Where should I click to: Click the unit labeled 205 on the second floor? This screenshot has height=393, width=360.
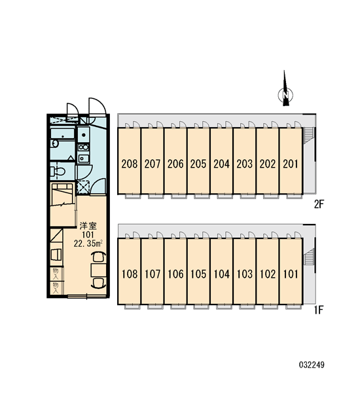198,161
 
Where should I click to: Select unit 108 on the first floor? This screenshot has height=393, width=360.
129,271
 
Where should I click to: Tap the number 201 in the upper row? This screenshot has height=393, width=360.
291,164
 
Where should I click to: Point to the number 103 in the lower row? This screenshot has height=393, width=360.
245,274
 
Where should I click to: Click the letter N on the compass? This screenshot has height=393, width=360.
285,95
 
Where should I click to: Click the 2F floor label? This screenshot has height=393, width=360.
319,205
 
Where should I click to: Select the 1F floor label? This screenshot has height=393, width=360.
319,310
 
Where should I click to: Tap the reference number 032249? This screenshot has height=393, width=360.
312,365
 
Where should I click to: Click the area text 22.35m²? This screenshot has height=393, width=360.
88,243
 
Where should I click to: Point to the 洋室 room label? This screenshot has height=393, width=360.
88,226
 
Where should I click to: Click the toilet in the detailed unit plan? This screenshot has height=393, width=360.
58,171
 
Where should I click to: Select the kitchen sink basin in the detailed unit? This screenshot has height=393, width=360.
84,135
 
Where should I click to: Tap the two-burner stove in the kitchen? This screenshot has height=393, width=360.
84,147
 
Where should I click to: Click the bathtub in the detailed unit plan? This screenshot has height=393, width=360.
62,134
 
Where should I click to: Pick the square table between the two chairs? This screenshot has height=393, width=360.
98,270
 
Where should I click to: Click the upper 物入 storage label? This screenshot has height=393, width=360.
56,273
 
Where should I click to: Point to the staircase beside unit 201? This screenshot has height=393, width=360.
308,136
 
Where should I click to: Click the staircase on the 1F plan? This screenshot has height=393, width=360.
309,257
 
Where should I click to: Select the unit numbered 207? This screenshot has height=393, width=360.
153,161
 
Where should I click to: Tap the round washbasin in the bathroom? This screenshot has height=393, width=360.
54,144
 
